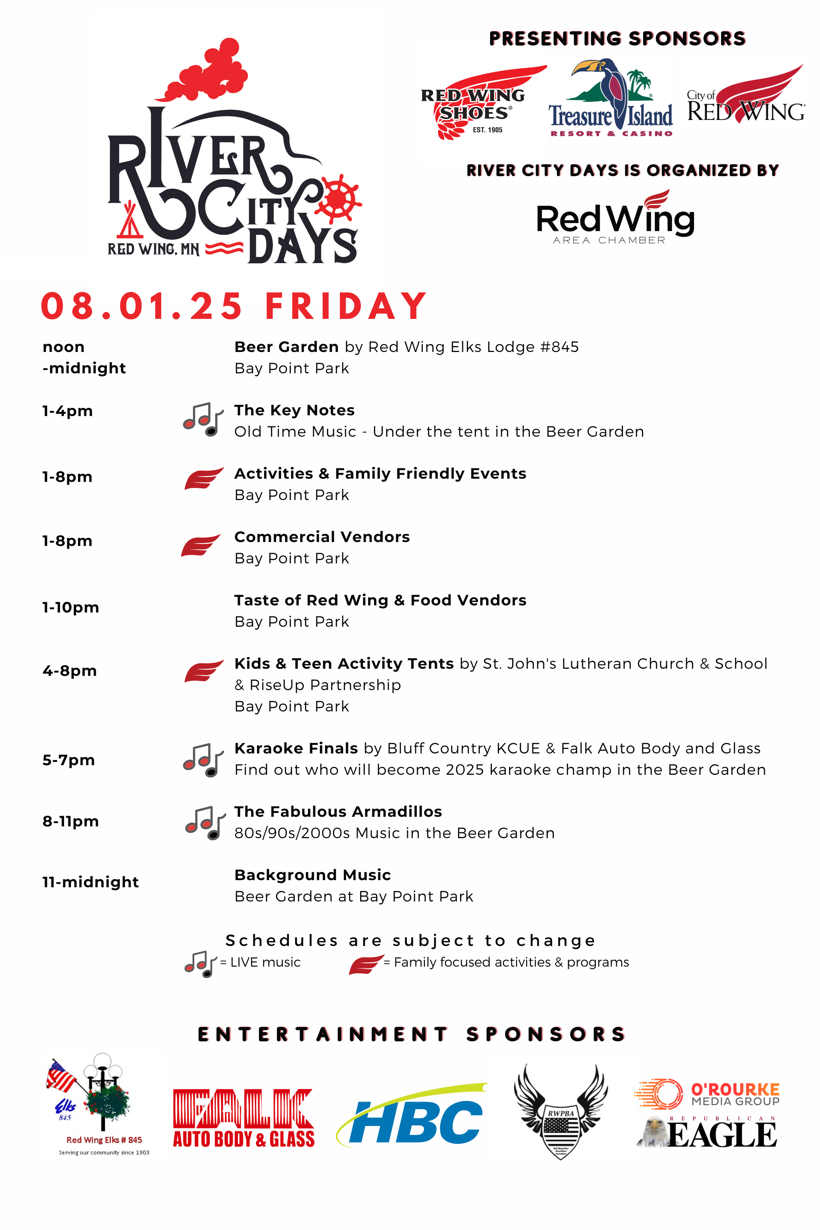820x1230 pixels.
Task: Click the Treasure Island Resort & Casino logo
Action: (610, 99)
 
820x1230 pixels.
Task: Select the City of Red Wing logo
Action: (746, 97)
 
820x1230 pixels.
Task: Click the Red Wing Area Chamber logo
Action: (615, 218)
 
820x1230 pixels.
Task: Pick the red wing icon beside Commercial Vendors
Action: (200, 546)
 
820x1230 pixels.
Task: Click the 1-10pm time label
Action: (70, 607)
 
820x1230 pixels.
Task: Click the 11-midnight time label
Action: (90, 882)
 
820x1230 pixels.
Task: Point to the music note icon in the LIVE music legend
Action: (200, 963)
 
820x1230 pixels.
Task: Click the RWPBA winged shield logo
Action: (561, 1111)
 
